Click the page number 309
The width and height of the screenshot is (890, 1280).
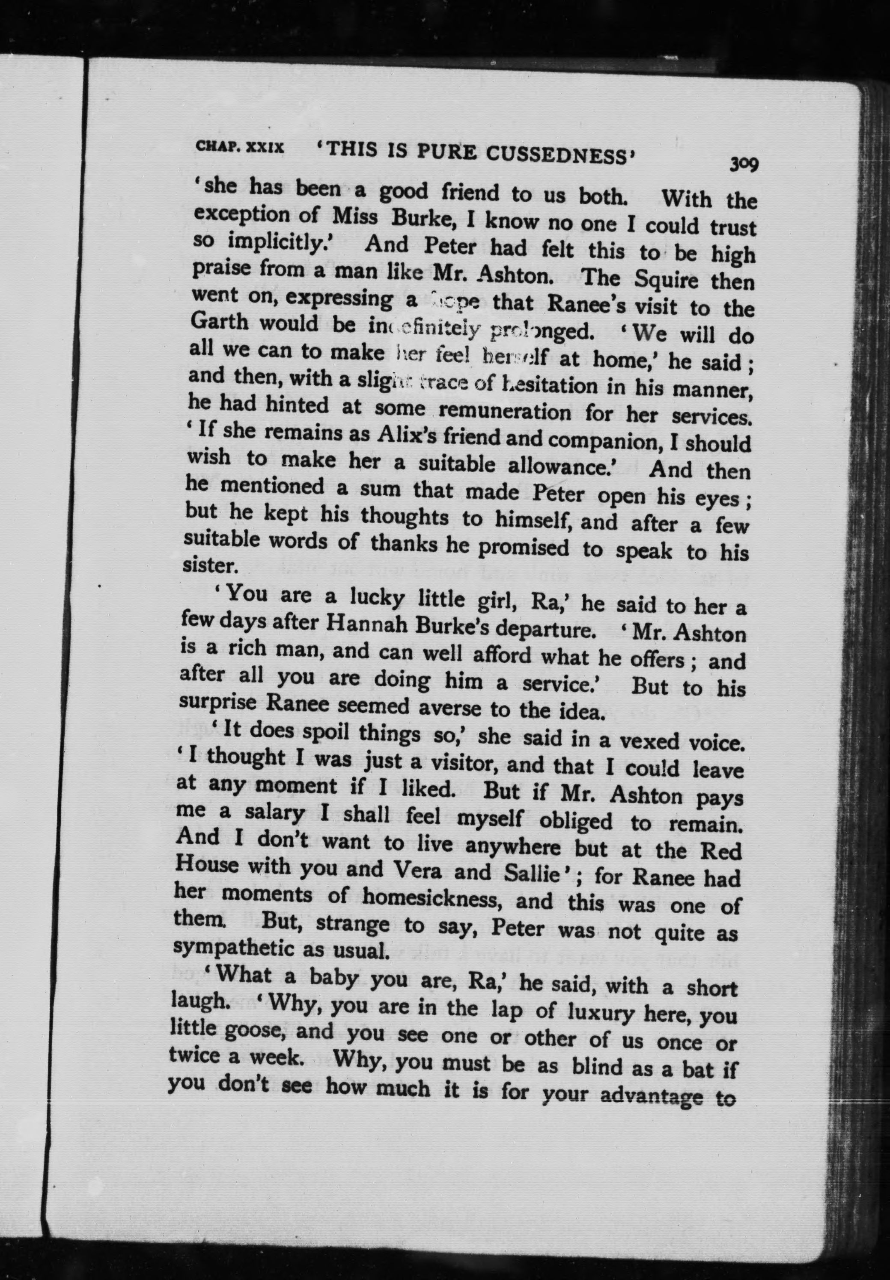743,164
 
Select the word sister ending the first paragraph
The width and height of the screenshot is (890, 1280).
211,565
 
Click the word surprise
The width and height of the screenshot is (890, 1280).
218,703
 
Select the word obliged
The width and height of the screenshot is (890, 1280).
575,820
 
